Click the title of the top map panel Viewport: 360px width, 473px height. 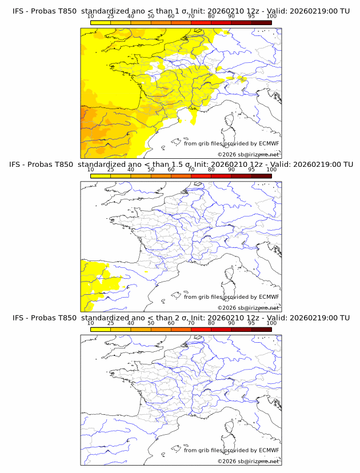[x=180, y=11]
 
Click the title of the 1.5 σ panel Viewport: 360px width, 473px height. [x=180, y=165]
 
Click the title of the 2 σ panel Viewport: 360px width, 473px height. [x=180, y=318]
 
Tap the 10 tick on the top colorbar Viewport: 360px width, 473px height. [x=91, y=17]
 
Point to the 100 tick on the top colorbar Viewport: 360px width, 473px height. [x=271, y=17]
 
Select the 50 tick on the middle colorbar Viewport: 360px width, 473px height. [x=151, y=170]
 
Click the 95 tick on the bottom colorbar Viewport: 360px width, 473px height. [x=251, y=323]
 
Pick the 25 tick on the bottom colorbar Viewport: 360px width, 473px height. [x=111, y=323]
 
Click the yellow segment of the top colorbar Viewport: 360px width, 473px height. [x=101, y=22]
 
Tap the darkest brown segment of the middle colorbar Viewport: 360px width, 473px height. [x=261, y=176]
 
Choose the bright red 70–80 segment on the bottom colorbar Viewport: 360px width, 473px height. [x=201, y=329]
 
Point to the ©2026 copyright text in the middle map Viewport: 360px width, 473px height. [x=249, y=307]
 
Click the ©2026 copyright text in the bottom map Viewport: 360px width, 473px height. [x=249, y=461]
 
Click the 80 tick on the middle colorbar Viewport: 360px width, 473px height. [x=211, y=170]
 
